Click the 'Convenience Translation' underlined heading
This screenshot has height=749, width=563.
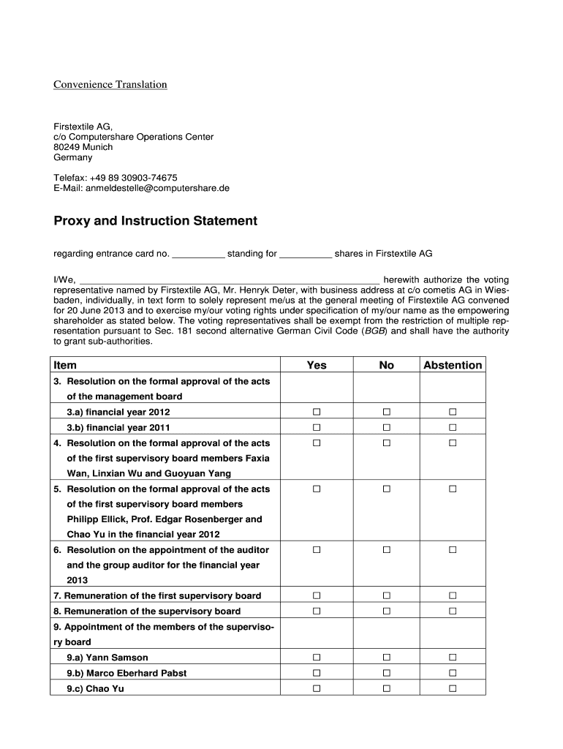(x=110, y=85)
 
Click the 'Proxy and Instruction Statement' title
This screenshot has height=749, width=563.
(x=155, y=221)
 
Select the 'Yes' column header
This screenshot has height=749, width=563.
(x=317, y=365)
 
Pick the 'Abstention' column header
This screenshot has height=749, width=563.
(x=453, y=365)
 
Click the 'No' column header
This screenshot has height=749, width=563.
(x=386, y=365)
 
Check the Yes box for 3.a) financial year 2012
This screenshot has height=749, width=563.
(x=317, y=412)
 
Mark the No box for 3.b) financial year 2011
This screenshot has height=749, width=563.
(x=386, y=427)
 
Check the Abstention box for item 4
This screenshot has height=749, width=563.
(x=453, y=443)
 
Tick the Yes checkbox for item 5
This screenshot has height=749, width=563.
(x=317, y=489)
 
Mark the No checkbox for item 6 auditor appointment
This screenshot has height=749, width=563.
(x=386, y=549)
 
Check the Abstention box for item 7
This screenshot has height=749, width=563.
(x=453, y=595)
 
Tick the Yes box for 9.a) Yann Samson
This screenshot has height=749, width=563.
(x=317, y=657)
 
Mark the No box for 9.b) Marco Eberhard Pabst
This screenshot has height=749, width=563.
(x=386, y=672)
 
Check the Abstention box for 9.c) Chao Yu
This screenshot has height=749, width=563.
(x=453, y=688)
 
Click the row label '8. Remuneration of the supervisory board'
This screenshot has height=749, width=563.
(x=147, y=611)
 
